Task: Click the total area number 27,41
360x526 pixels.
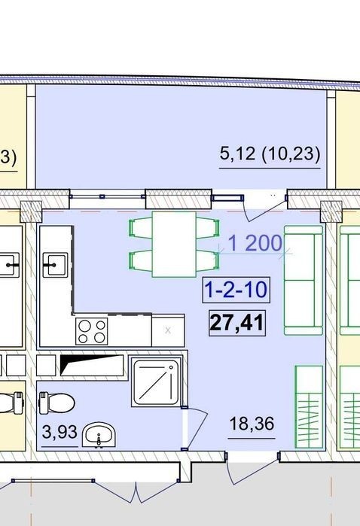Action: tap(237, 323)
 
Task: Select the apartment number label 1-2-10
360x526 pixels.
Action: tap(236, 290)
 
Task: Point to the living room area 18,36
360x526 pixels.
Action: tap(252, 424)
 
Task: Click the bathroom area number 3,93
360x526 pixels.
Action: tap(59, 432)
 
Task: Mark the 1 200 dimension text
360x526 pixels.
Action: tap(255, 243)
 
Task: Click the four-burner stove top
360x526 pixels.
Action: tap(92, 331)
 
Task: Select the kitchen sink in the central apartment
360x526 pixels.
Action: tap(55, 266)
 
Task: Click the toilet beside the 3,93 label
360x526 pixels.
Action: tap(56, 403)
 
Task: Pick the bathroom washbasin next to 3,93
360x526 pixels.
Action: tap(99, 435)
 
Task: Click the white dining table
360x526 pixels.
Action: tap(174, 245)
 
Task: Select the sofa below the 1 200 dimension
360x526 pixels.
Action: tap(304, 281)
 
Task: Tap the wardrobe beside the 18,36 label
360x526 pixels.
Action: tap(309, 407)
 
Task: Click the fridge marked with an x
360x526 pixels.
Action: tap(168, 330)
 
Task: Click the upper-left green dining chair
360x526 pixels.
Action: tap(141, 228)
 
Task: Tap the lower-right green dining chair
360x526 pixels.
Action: tap(208, 260)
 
